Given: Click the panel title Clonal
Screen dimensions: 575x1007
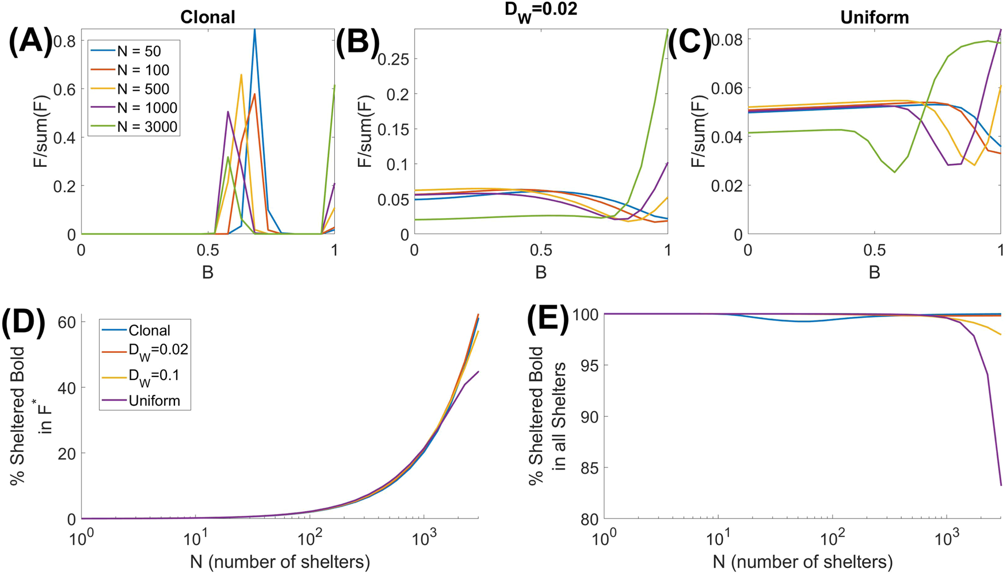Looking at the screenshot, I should click(x=208, y=17).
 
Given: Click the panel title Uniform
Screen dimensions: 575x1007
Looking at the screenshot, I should click(x=874, y=17).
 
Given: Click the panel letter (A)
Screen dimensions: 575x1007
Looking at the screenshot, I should click(x=30, y=43).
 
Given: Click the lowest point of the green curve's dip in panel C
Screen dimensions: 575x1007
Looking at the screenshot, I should click(x=894, y=172).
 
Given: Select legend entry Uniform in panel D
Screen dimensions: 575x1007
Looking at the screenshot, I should click(x=154, y=401).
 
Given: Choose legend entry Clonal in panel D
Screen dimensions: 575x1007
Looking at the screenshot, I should click(x=149, y=330).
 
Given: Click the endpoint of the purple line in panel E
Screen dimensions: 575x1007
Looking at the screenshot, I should click(x=1001, y=485).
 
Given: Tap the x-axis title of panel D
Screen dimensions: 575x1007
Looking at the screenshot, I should click(x=280, y=561).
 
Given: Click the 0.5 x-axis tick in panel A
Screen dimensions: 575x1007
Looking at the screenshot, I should click(x=208, y=251).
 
